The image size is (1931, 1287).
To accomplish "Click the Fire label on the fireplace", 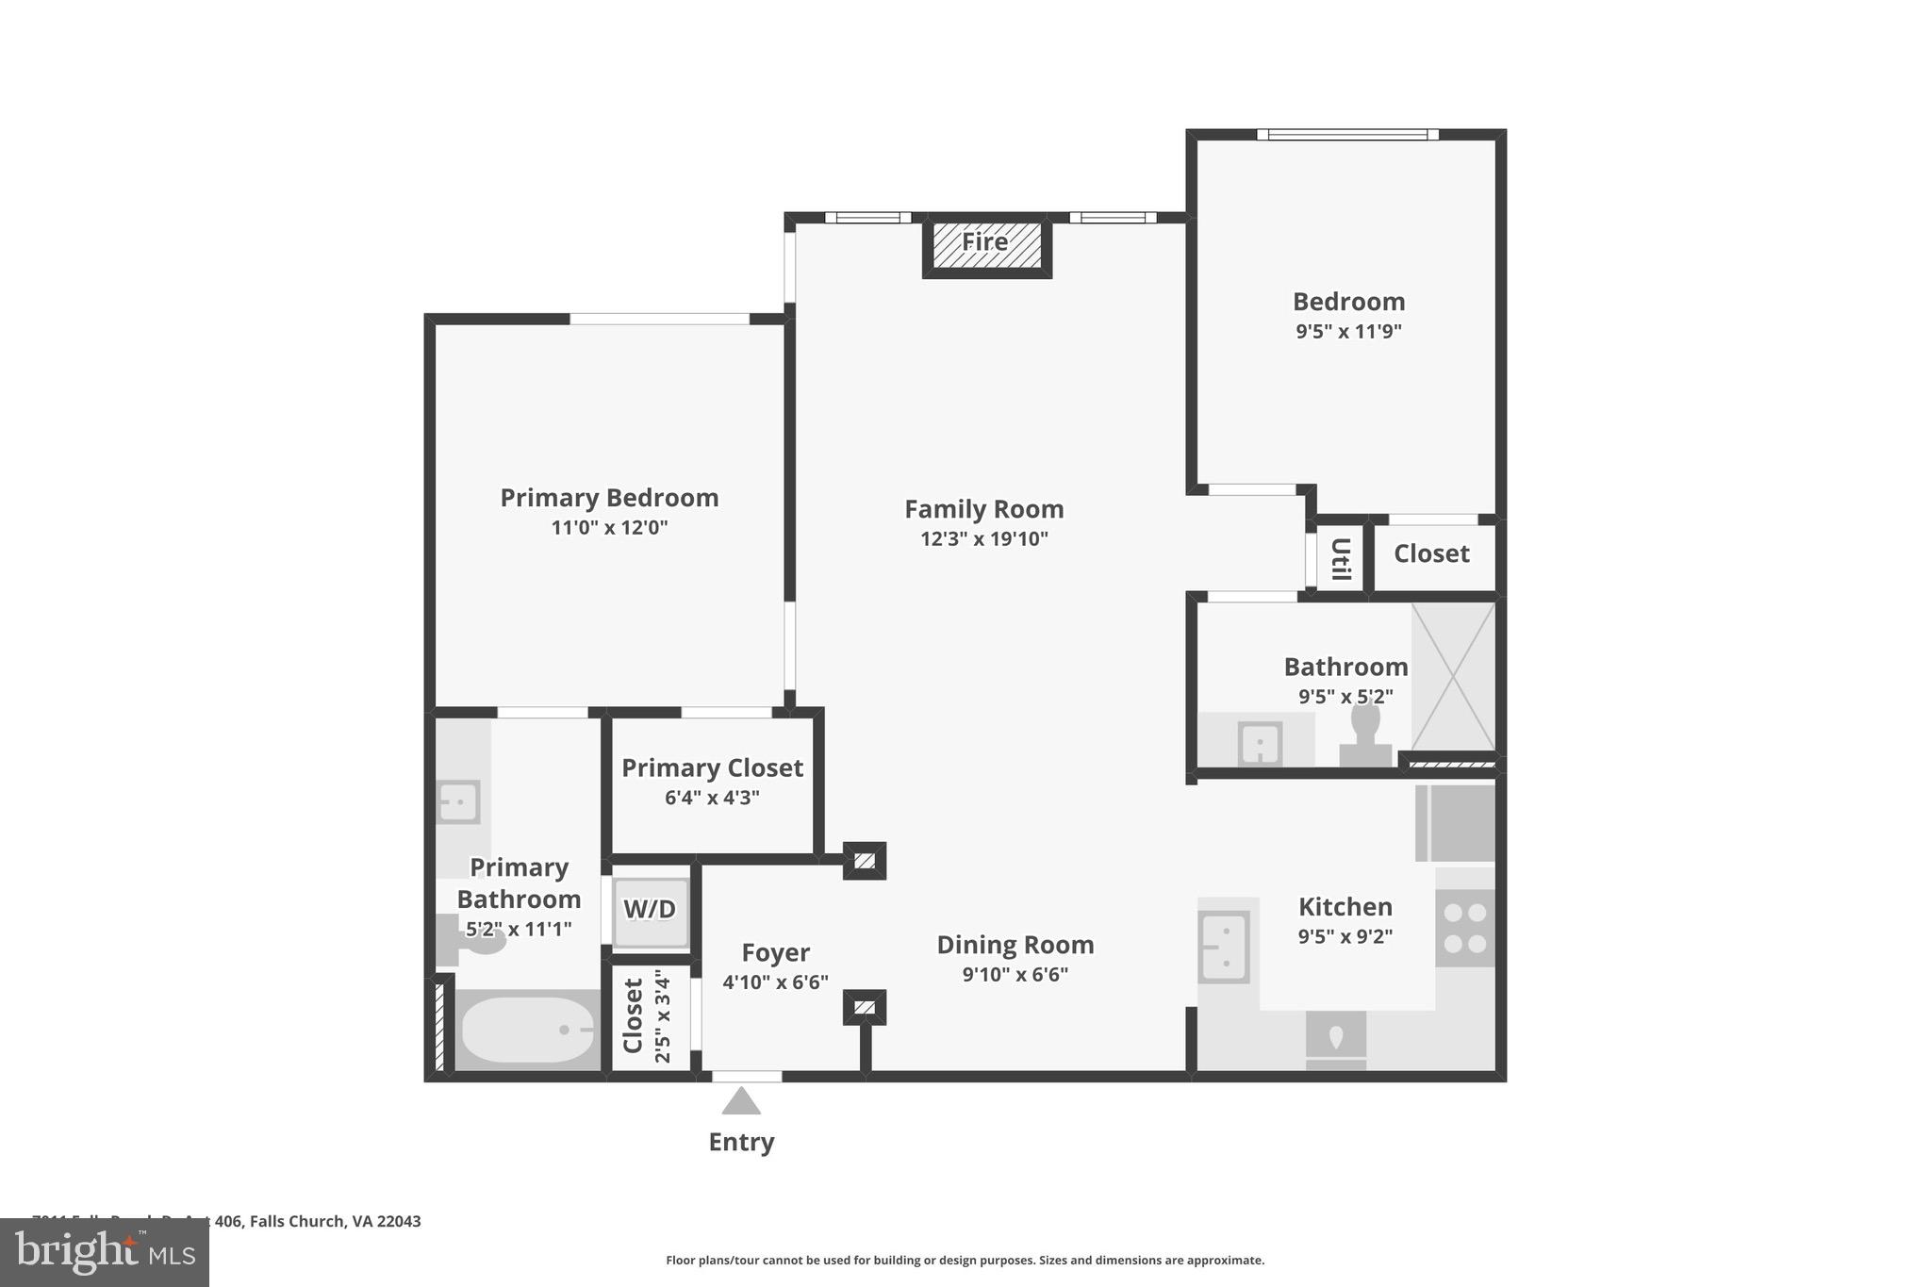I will (984, 242).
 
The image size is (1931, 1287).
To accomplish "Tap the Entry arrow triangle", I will (741, 1101).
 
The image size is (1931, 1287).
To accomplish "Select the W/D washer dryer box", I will (650, 910).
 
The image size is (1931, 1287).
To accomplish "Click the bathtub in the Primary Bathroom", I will (529, 1030).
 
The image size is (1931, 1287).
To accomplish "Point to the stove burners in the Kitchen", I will (1465, 928).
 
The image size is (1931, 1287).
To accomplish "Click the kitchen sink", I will (1224, 947).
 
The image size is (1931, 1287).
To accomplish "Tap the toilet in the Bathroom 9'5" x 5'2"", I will (1365, 735).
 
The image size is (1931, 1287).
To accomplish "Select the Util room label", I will (1340, 558).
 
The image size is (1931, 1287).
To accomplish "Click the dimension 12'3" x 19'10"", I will (984, 539).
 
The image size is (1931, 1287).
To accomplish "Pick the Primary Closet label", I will (712, 767).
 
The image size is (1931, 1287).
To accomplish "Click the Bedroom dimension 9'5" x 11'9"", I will (1348, 332).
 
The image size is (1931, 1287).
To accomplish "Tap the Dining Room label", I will (1015, 945).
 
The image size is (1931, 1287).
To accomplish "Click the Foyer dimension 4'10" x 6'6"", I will (775, 982).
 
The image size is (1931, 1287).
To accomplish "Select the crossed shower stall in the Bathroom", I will (1453, 677).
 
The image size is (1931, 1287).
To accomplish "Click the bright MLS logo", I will (104, 1252).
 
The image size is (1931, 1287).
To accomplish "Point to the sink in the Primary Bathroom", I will (458, 802).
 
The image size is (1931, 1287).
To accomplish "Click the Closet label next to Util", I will (1431, 553).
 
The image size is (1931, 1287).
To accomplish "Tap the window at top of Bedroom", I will (1347, 135).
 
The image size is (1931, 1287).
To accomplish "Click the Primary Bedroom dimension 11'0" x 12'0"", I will (609, 528).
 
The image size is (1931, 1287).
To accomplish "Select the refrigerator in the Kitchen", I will (1455, 823).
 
